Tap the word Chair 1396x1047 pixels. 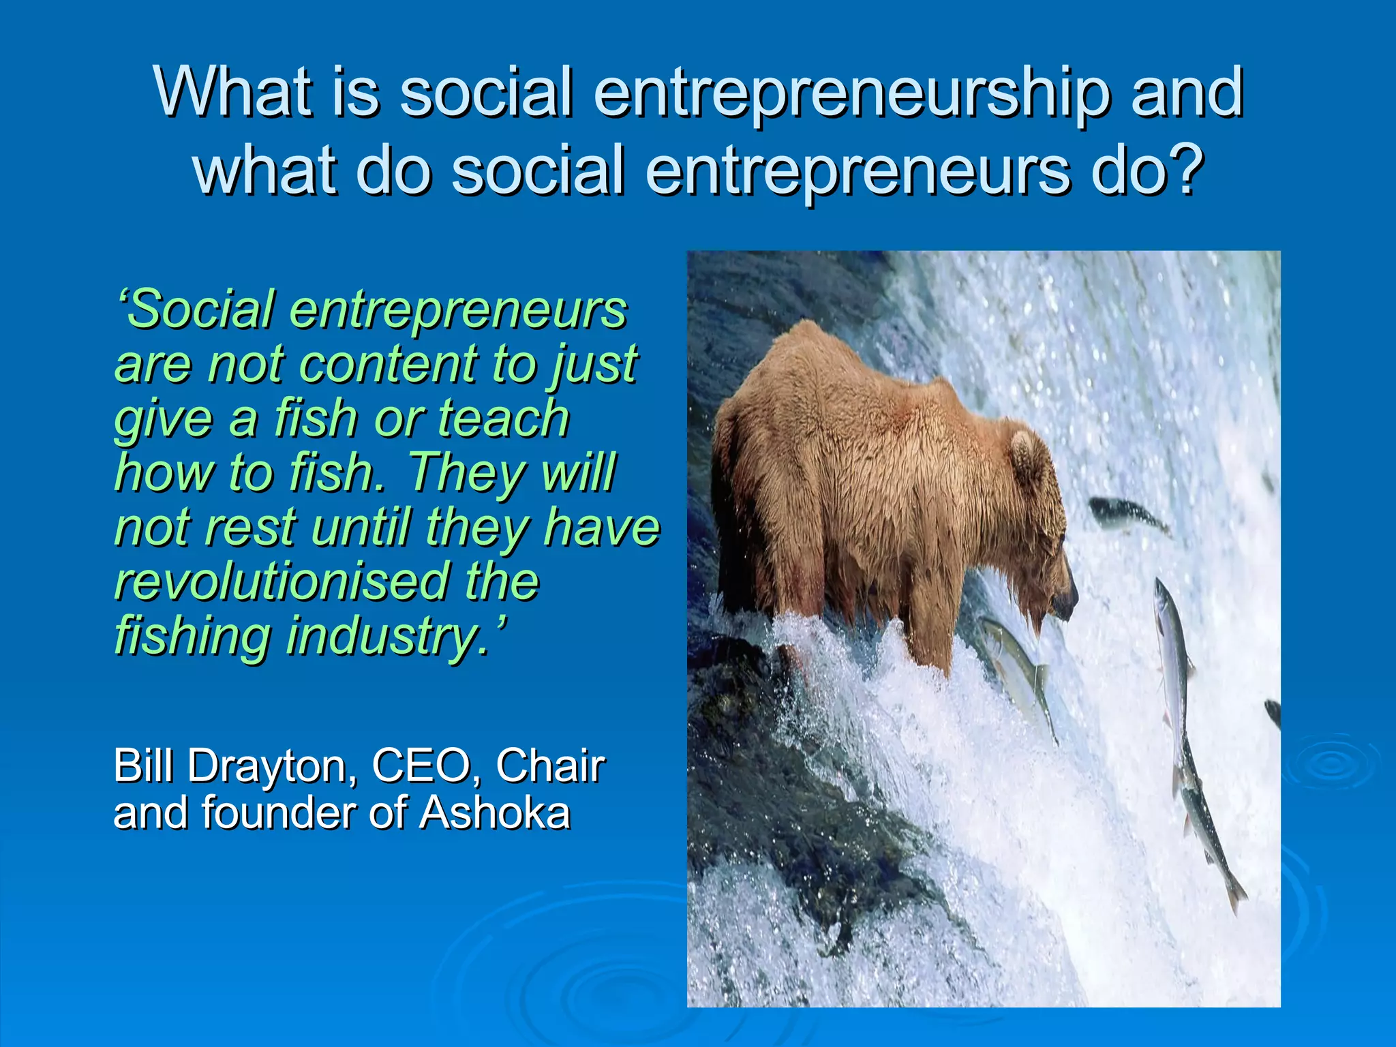pyautogui.click(x=551, y=765)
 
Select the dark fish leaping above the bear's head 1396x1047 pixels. pyautogui.click(x=1128, y=515)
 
